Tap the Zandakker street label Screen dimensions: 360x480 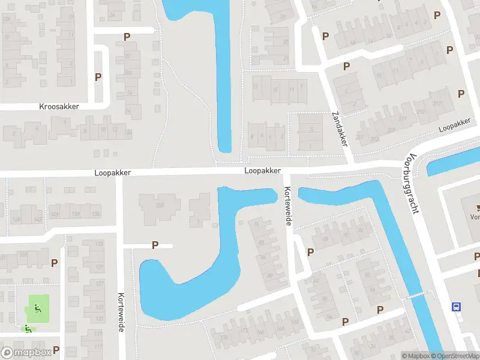(x=340, y=129)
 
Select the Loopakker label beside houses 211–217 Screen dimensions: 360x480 (x=454, y=125)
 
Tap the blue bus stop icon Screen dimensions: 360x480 (x=457, y=307)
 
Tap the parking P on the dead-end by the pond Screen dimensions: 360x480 (x=155, y=245)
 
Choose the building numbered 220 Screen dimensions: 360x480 (x=160, y=206)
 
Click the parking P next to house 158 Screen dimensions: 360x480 (x=55, y=263)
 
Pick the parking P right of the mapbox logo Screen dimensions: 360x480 (x=56, y=349)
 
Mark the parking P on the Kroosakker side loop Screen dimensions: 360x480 (x=98, y=77)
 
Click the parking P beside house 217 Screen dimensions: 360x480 (x=461, y=94)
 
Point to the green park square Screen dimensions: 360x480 (x=37, y=308)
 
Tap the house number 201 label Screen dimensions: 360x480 (x=359, y=137)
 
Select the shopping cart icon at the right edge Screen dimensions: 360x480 (x=478, y=209)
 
